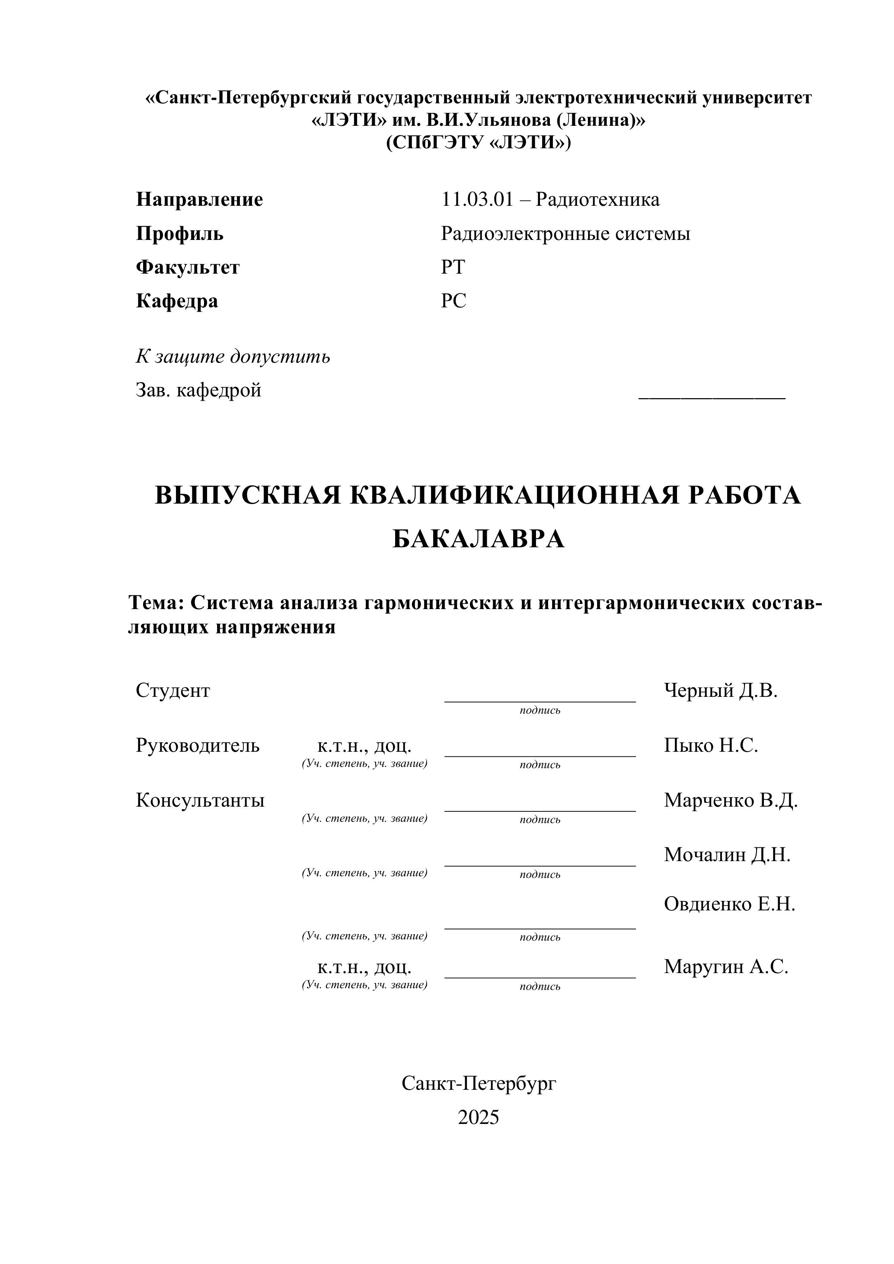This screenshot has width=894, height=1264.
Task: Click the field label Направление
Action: [x=199, y=199]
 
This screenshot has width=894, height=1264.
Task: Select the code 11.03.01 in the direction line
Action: [x=477, y=199]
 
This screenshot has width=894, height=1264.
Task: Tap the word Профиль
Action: [x=179, y=233]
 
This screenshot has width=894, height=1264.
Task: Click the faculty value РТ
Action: [x=453, y=267]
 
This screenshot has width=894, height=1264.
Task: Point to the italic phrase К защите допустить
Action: [x=233, y=357]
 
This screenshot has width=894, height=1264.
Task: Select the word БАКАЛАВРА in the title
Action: [x=479, y=539]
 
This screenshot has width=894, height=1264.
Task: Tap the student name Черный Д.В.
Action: [x=721, y=690]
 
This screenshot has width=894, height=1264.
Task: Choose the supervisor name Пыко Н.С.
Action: [x=711, y=745]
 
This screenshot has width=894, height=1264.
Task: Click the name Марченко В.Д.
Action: [x=731, y=800]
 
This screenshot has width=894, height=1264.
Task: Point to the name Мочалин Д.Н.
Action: [x=727, y=855]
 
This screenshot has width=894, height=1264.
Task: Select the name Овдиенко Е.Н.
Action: [x=729, y=904]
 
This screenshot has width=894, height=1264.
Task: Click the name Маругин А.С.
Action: [x=725, y=967]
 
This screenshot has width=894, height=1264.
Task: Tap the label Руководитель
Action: [x=198, y=745]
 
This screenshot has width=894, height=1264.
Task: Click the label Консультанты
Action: [x=200, y=800]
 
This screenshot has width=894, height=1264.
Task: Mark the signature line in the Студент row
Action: [x=540, y=701]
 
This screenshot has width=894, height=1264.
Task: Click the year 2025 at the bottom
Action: [x=479, y=1117]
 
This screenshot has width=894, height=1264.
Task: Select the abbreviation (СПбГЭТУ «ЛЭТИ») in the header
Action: [x=479, y=143]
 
